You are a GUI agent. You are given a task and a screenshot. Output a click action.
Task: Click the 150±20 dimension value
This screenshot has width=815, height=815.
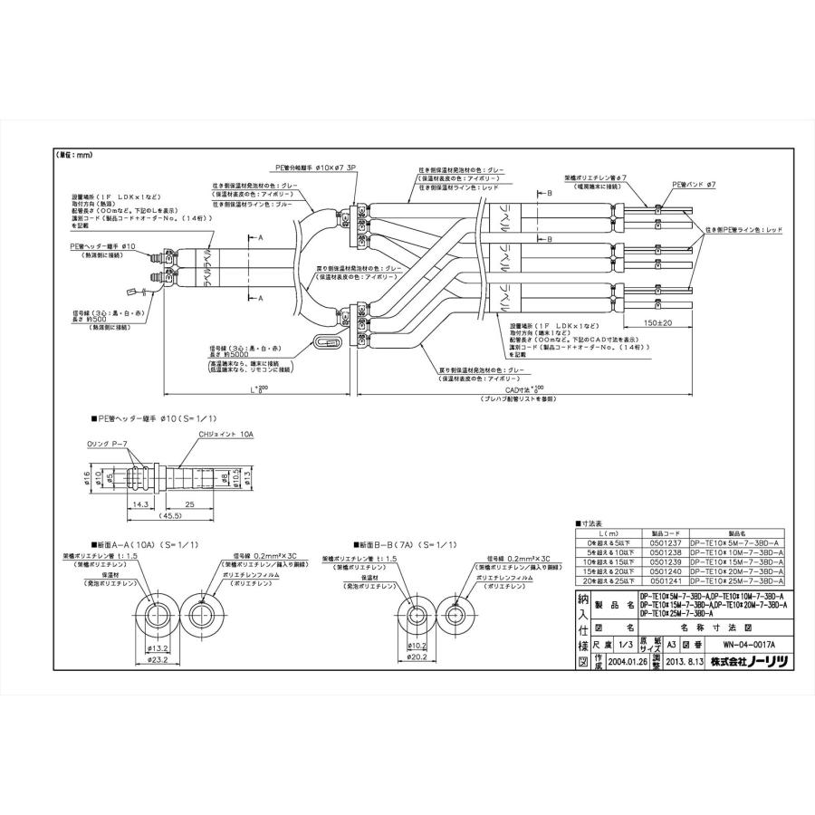tap(644, 322)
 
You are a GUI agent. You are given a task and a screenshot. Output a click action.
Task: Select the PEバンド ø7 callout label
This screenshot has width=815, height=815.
tap(694, 184)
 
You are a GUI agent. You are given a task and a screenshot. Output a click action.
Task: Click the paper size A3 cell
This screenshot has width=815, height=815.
tap(671, 645)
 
